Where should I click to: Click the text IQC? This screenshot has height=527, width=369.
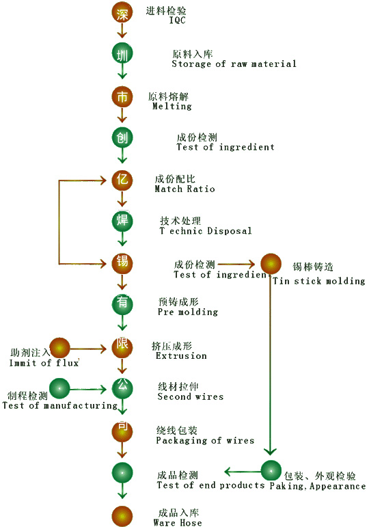(x=177, y=21)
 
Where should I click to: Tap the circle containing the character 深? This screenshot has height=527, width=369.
(x=122, y=12)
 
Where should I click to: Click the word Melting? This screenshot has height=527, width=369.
(x=172, y=106)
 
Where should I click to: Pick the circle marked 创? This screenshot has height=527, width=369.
(x=122, y=137)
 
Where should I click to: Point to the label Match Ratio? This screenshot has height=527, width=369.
(x=184, y=189)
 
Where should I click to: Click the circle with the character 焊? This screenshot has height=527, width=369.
(x=122, y=221)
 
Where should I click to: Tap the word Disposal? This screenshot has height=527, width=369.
(x=229, y=231)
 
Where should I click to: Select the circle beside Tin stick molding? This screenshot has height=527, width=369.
(x=271, y=264)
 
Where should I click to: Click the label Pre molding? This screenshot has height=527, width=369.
(x=188, y=312)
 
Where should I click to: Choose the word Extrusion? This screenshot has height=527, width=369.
(x=181, y=355)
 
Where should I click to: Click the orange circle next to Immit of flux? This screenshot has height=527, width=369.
(x=60, y=348)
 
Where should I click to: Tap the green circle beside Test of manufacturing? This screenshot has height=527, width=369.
(x=60, y=388)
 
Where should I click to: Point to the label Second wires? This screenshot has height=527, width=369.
(x=191, y=396)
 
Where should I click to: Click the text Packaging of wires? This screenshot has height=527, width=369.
(x=205, y=440)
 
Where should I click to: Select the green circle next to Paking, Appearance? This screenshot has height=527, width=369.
(x=271, y=470)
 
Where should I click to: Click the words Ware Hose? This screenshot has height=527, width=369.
(x=178, y=523)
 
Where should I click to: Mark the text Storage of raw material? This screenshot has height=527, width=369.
(x=234, y=64)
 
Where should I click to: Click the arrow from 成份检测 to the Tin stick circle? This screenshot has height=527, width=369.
(x=236, y=264)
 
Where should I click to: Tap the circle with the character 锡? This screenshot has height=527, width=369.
(x=122, y=263)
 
